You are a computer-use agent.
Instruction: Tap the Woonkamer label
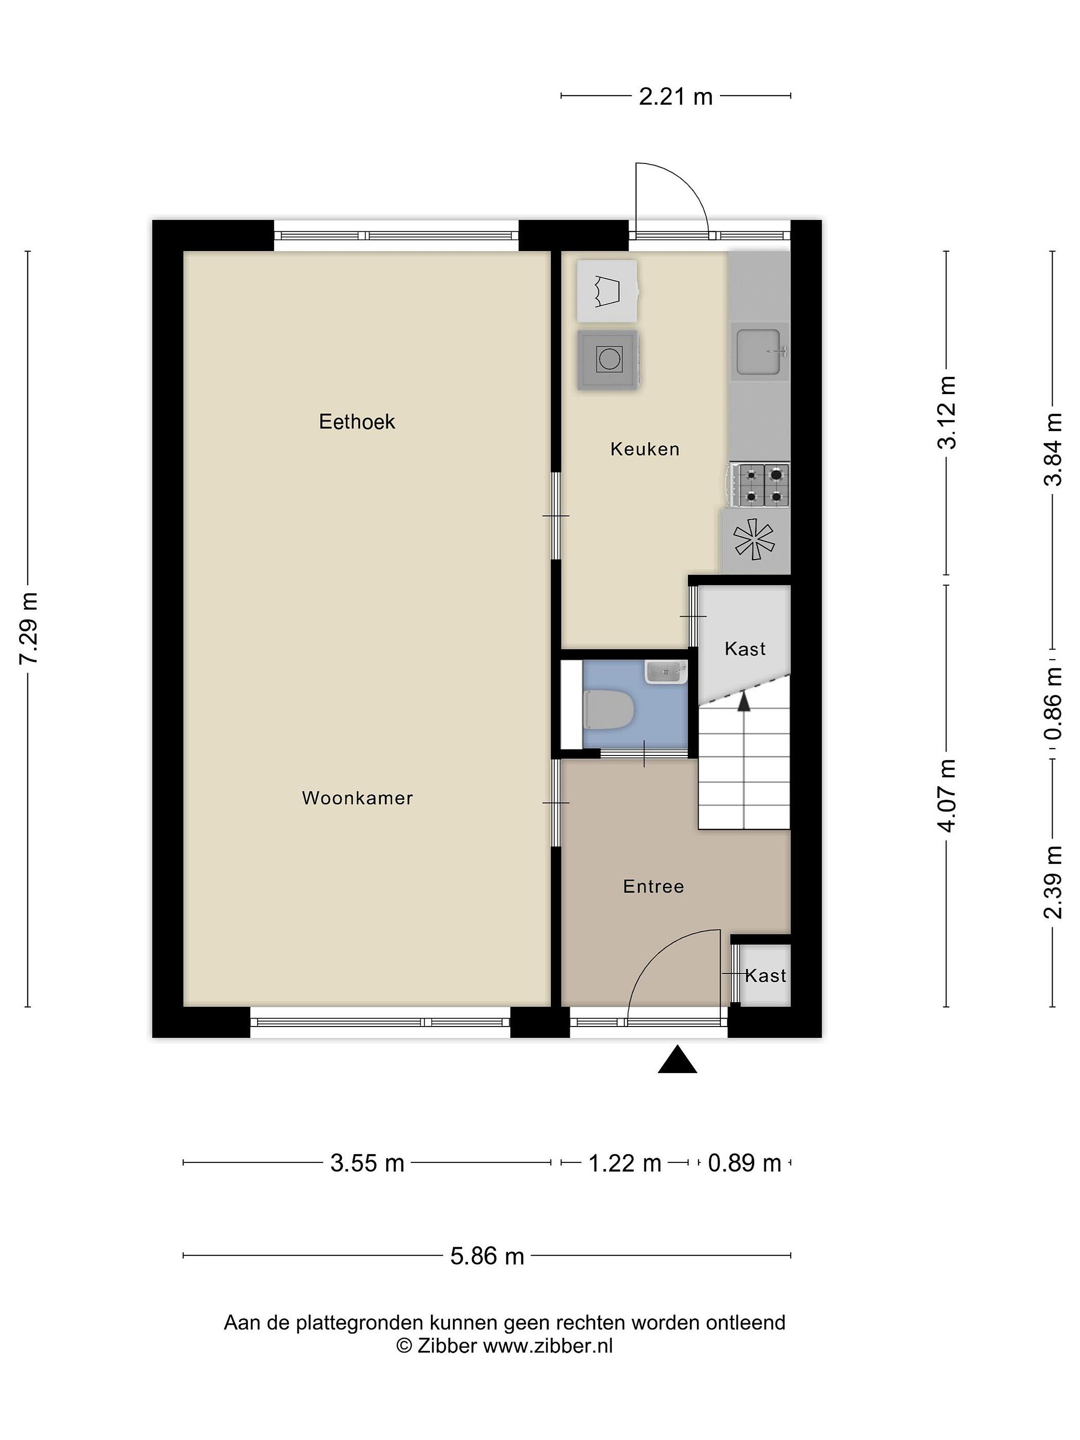pos(357,798)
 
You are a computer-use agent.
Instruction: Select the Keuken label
pos(644,448)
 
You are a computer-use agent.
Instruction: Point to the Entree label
pos(653,886)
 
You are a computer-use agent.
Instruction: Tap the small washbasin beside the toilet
pos(666,672)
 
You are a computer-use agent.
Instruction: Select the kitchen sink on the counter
pos(759,351)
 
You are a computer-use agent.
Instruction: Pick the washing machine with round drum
pos(607,359)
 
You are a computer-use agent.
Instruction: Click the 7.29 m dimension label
pos(29,628)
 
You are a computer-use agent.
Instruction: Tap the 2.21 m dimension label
pos(675,96)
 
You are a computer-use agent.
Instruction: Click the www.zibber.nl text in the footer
pos(547,1345)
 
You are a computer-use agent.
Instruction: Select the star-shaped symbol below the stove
pos(754,539)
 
